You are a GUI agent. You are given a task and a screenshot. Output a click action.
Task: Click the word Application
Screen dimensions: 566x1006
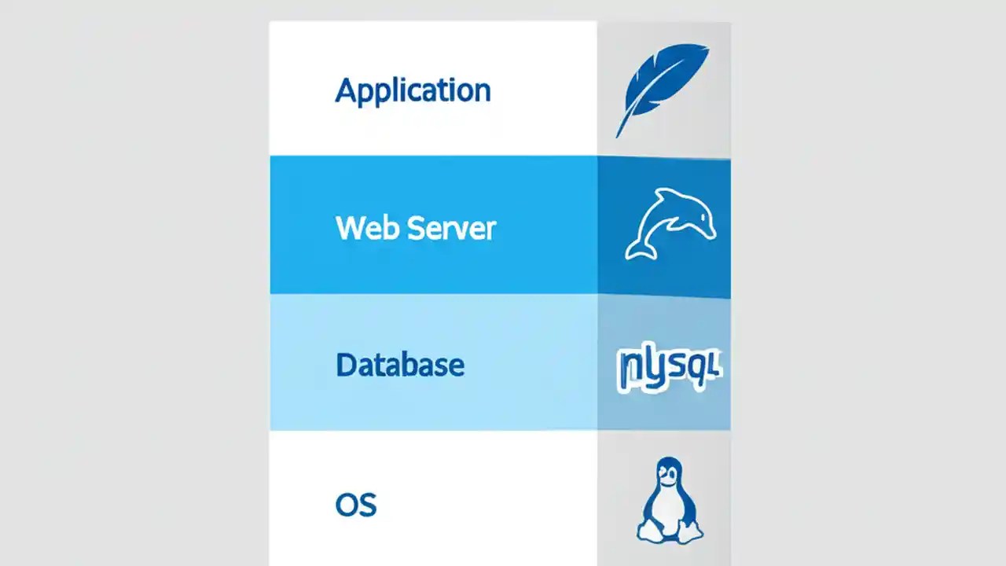coord(413,91)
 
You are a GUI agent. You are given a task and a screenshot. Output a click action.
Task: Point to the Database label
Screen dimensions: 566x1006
coord(400,365)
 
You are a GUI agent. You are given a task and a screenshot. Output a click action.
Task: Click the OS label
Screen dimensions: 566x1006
coord(356,504)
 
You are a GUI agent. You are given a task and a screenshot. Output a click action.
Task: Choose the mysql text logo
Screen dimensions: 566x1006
coord(669,367)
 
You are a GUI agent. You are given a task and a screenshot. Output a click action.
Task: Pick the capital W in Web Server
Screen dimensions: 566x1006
coord(351,228)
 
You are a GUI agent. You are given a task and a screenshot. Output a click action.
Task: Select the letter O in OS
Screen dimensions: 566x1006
coord(347,504)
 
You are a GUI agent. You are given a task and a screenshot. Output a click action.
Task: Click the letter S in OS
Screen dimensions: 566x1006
coord(368,504)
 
